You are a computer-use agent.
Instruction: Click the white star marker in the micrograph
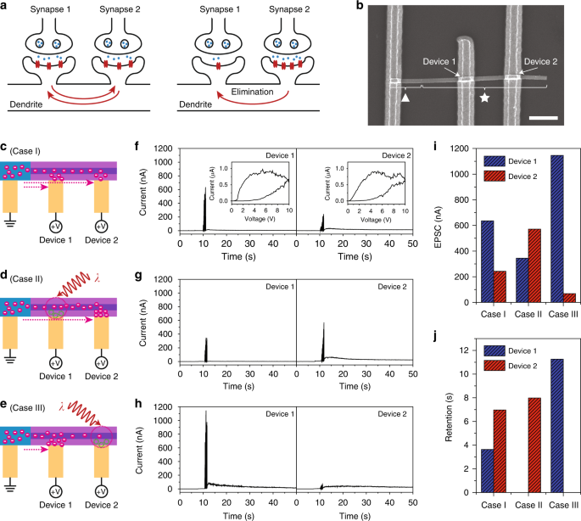[484, 98]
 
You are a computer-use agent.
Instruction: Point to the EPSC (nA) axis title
[405, 226]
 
